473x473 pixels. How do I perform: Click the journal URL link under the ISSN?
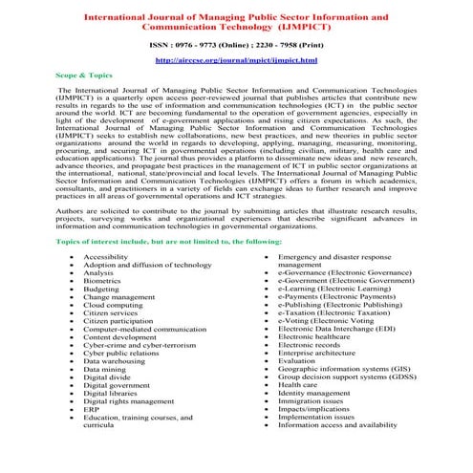[x=235, y=59]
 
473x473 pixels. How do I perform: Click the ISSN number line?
[x=235, y=44]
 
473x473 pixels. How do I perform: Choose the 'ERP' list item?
[x=92, y=408]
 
